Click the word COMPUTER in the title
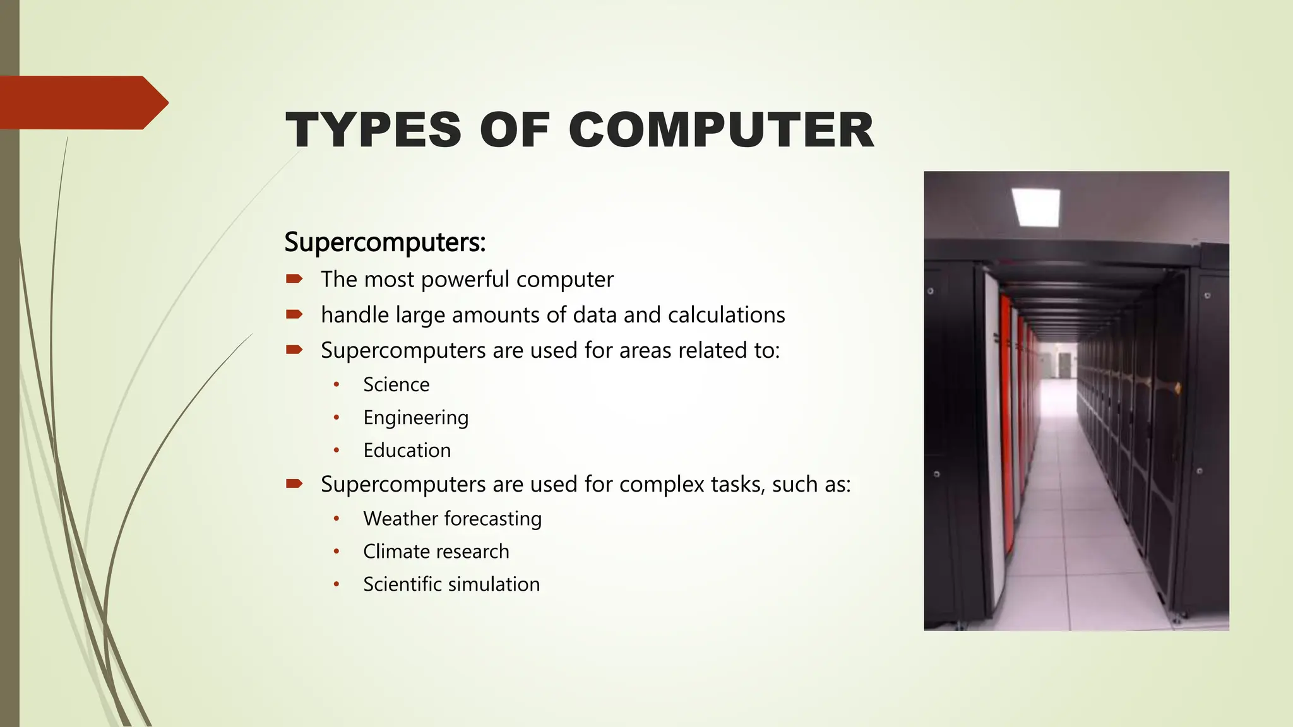[x=721, y=130]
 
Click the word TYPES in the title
[x=373, y=130]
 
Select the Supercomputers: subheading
[x=384, y=242]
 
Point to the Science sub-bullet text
[x=396, y=384]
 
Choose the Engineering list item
[x=415, y=418]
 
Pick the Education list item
[x=407, y=451]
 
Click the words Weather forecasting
[x=452, y=519]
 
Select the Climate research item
[x=436, y=552]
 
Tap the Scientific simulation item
[x=451, y=584]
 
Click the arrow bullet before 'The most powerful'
[x=294, y=278]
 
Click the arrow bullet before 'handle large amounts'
[x=294, y=314]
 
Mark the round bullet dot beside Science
[x=337, y=384]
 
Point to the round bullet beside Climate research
[x=337, y=552]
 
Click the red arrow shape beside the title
[x=82, y=102]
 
